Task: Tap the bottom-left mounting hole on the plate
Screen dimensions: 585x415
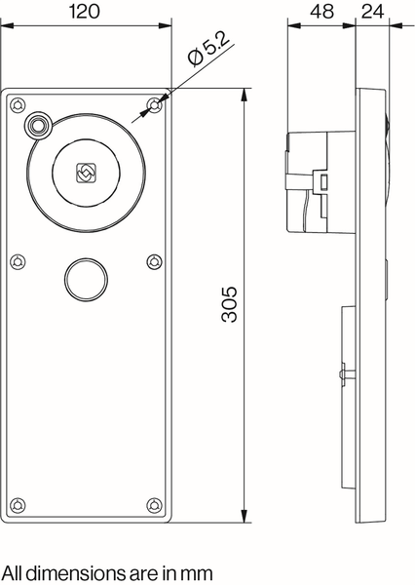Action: click(x=19, y=503)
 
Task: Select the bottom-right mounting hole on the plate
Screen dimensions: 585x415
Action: click(x=154, y=503)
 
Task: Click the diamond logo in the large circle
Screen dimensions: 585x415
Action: click(x=86, y=173)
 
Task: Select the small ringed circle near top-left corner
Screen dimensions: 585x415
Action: click(x=39, y=125)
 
